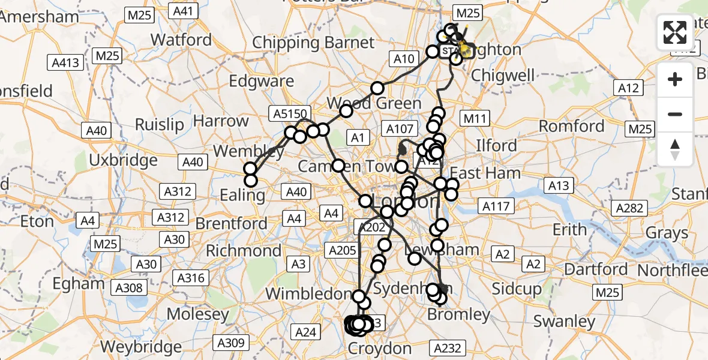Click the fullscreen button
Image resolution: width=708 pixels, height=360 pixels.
click(x=675, y=32)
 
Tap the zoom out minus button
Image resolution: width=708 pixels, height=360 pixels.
click(x=675, y=114)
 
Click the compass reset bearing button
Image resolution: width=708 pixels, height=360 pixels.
click(x=675, y=150)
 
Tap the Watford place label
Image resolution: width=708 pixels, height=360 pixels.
click(x=181, y=40)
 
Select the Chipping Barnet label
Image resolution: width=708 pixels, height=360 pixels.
click(x=313, y=43)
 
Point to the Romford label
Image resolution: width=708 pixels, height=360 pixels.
click(x=571, y=126)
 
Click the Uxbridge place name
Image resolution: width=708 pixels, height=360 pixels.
click(x=123, y=160)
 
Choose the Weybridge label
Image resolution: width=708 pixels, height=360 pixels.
click(x=141, y=346)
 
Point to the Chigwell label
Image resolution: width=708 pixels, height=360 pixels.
click(x=503, y=76)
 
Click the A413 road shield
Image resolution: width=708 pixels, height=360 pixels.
click(x=64, y=62)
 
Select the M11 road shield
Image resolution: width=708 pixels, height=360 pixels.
click(x=474, y=119)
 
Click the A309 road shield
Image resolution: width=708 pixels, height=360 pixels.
click(x=230, y=343)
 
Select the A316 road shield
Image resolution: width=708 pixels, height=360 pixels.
click(x=192, y=278)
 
